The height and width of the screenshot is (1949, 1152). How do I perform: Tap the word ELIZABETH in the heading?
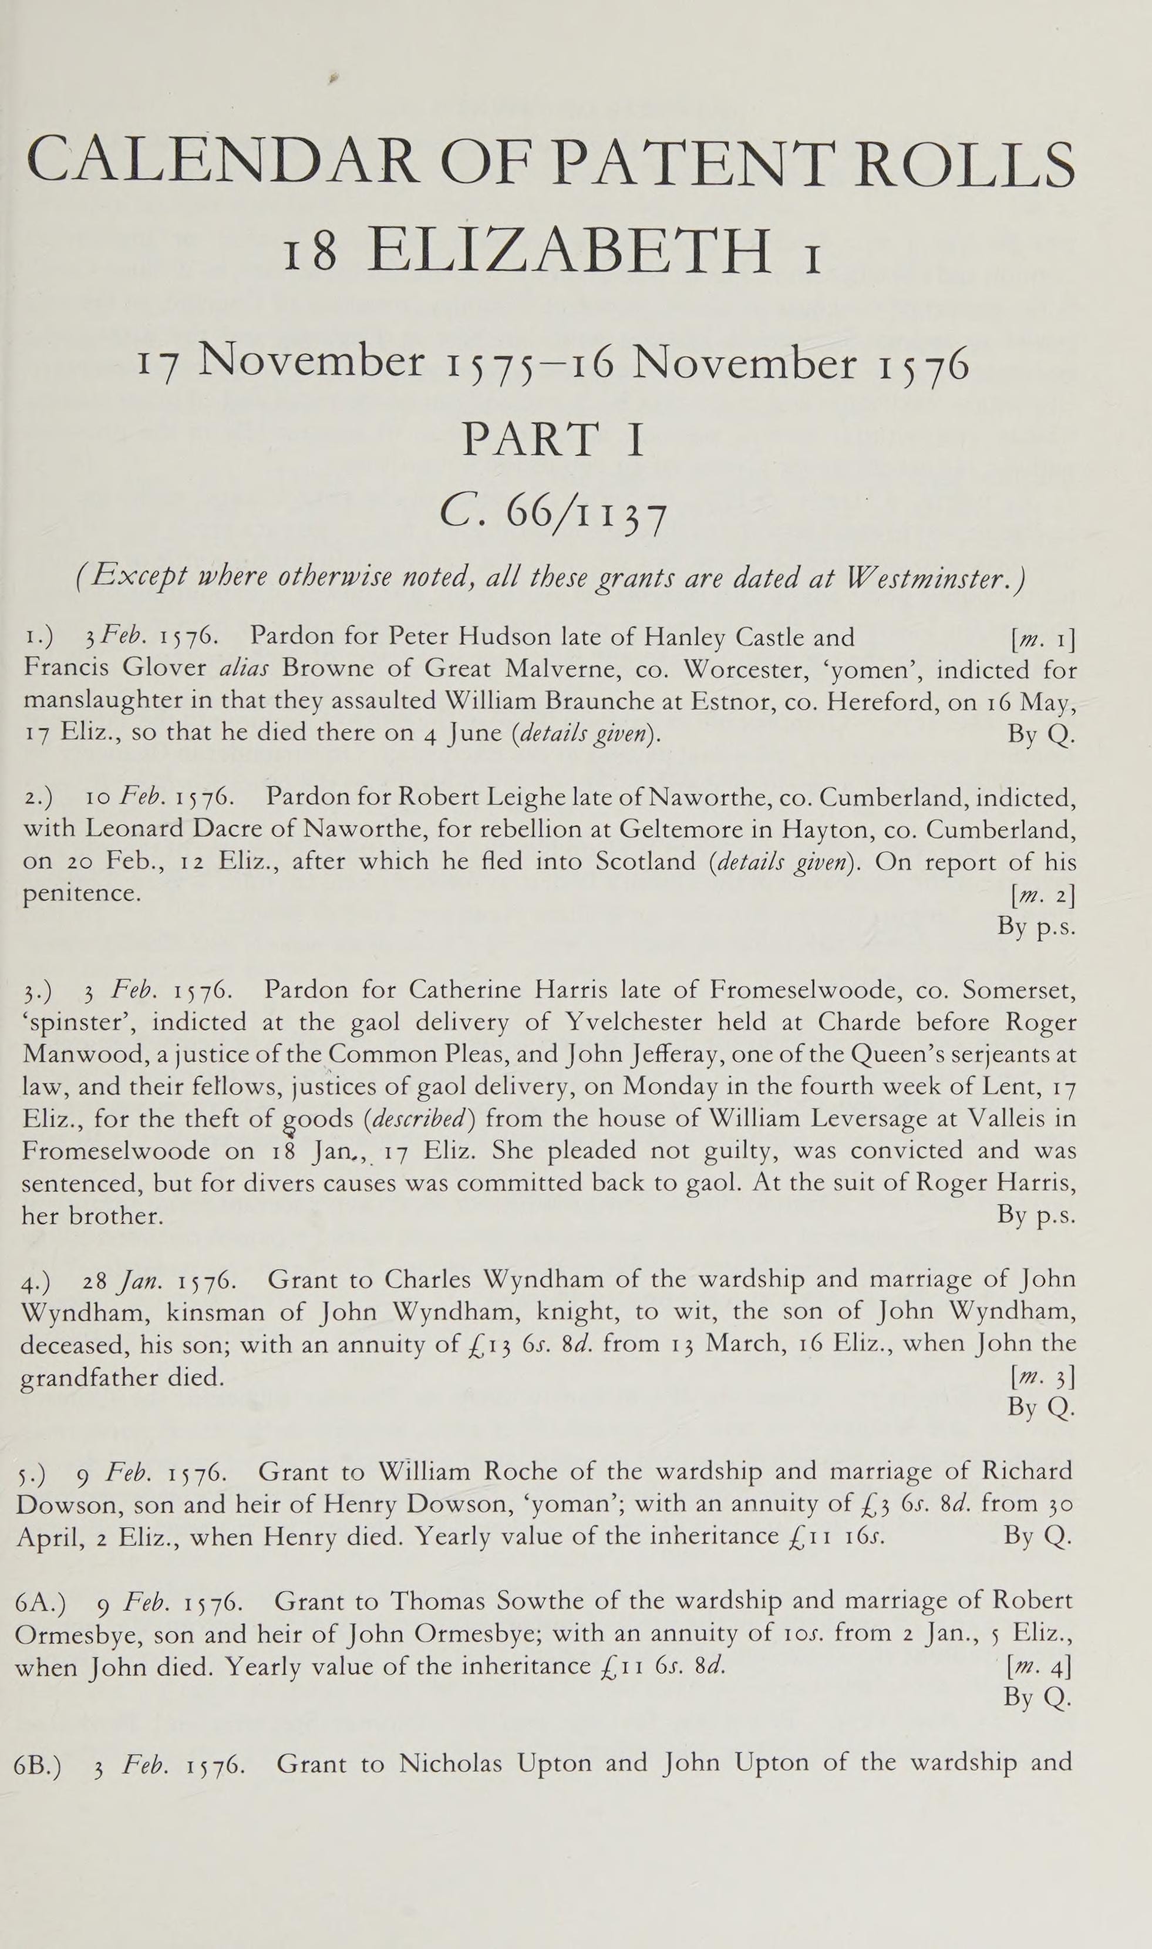571,250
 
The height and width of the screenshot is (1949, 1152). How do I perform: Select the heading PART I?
553,439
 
